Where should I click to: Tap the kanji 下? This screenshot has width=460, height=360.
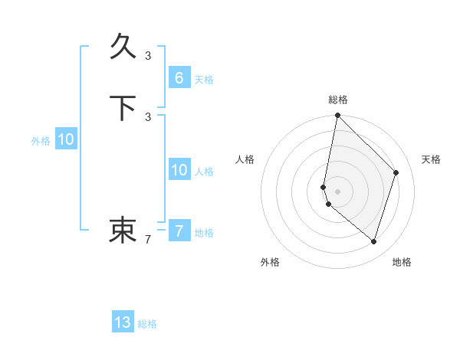(x=123, y=109)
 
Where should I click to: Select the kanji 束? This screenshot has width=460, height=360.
(x=123, y=229)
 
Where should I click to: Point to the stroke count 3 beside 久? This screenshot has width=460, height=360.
(x=148, y=55)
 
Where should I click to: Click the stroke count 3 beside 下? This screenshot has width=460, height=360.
(x=148, y=116)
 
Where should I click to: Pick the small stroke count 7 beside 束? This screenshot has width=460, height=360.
(x=148, y=240)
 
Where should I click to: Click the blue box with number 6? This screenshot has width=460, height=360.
(x=179, y=78)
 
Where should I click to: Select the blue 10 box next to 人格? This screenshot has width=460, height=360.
(x=179, y=170)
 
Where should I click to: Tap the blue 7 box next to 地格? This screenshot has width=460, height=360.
(x=179, y=231)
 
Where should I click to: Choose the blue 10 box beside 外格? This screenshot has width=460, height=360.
(x=66, y=139)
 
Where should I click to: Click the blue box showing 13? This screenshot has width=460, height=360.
(x=123, y=322)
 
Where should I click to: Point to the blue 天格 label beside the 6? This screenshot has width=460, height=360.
(x=204, y=80)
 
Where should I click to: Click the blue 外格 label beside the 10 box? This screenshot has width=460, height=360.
(x=41, y=141)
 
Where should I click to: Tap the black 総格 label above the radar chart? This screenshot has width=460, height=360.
(x=338, y=100)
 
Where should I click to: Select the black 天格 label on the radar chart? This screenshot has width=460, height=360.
(x=431, y=159)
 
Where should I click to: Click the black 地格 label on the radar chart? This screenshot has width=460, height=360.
(x=402, y=262)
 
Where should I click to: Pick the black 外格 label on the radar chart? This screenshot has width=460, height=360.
(x=270, y=262)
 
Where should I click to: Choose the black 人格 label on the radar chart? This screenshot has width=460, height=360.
(x=245, y=159)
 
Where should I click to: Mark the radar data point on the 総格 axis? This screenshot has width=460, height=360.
(x=337, y=115)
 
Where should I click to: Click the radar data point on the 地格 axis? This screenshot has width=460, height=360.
(x=373, y=241)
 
